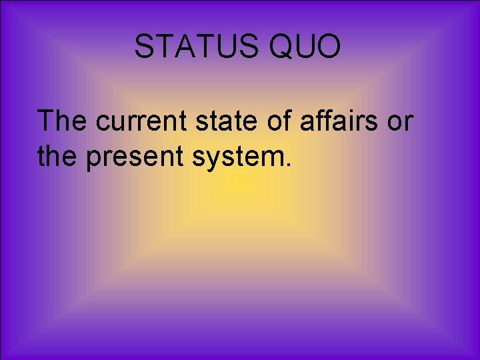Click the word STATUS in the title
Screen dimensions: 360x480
click(191, 47)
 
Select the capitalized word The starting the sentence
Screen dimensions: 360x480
click(64, 121)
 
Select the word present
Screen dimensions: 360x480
click(129, 158)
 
